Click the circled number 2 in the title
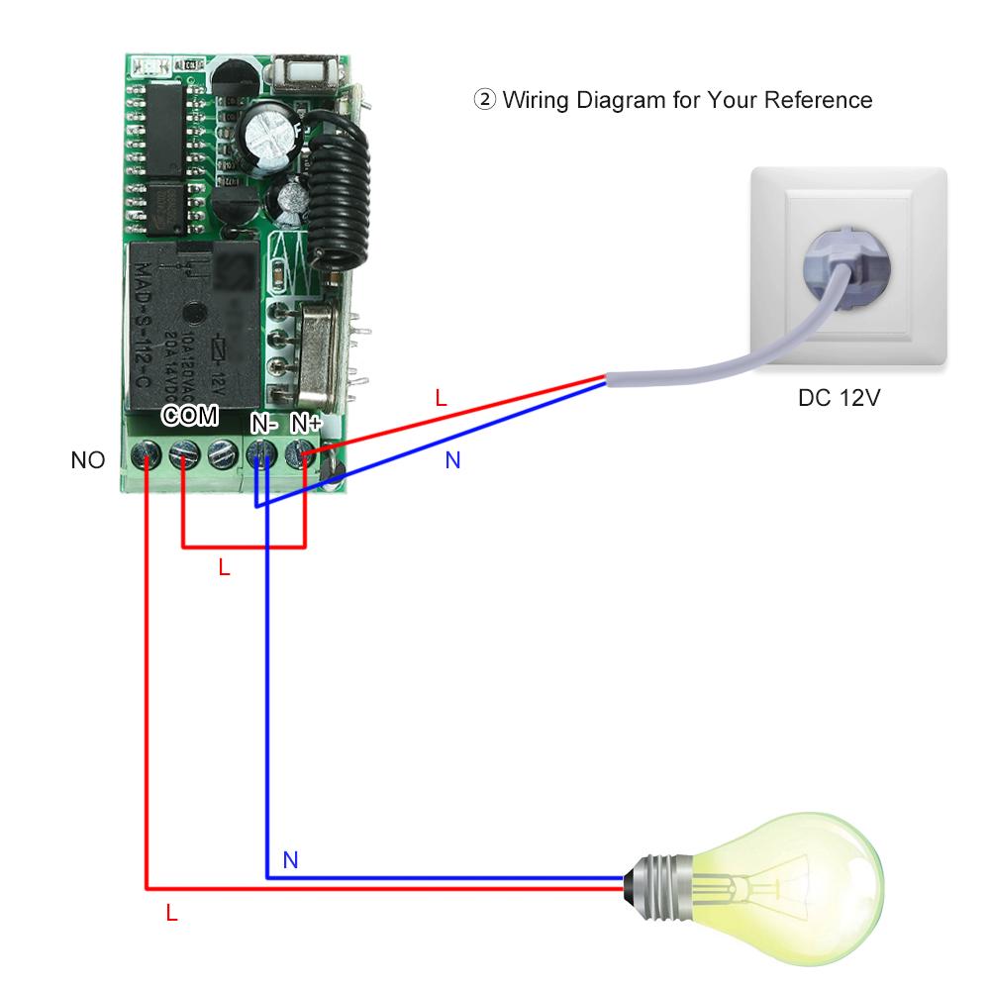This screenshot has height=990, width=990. (485, 100)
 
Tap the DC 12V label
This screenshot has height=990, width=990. (840, 399)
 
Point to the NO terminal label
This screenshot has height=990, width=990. (87, 460)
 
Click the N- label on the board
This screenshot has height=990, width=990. (262, 424)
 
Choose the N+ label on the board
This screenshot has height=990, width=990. (305, 424)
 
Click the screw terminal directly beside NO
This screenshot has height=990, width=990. (147, 456)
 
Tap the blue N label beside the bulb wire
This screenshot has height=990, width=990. (290, 859)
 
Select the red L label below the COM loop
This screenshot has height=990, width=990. (224, 568)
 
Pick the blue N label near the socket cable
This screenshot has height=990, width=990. (452, 460)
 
